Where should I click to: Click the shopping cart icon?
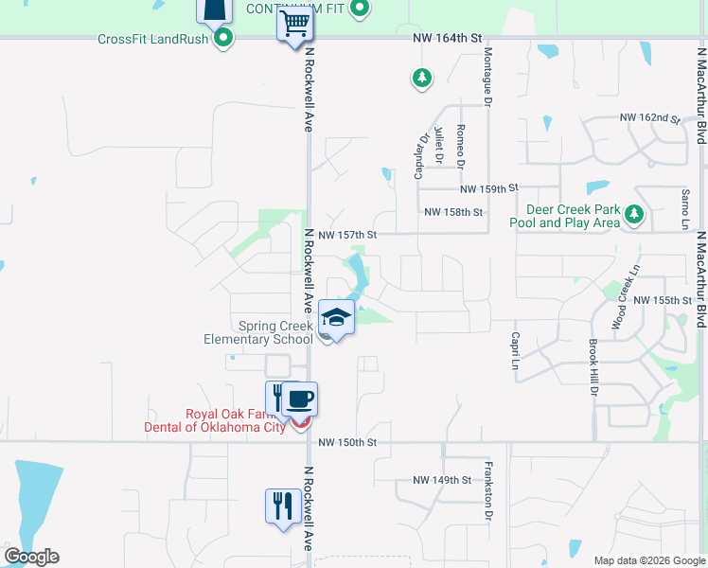[x=295, y=22]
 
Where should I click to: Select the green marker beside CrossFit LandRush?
[x=223, y=38]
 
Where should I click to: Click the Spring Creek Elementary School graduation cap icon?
[x=336, y=317]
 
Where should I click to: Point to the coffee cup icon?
[x=300, y=399]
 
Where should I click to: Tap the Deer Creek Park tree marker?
[x=633, y=215]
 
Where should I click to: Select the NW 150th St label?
[x=347, y=442]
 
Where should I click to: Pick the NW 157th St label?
[x=347, y=234]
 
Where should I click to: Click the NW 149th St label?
[x=442, y=480]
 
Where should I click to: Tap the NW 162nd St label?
[x=650, y=118]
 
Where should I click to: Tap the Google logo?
[x=31, y=557]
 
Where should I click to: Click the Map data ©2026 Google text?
[x=648, y=560]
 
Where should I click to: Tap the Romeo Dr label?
[x=460, y=146]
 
